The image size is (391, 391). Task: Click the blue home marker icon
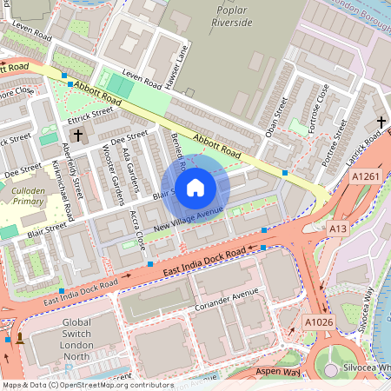tap(195, 188)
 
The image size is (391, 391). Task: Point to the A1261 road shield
tap(365, 177)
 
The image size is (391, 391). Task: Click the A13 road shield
tap(339, 228)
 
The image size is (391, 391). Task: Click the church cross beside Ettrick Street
tap(77, 135)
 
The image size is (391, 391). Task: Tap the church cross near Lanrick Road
tap(381, 123)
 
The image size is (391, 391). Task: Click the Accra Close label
tap(136, 229)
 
